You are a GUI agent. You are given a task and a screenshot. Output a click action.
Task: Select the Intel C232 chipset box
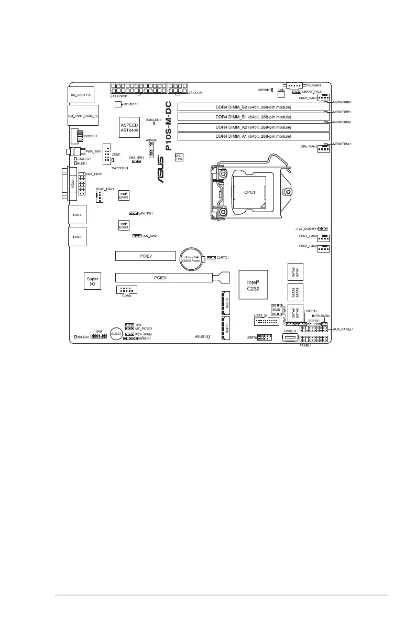pyautogui.click(x=253, y=284)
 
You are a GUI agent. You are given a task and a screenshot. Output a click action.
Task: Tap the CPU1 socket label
pyautogui.click(x=249, y=192)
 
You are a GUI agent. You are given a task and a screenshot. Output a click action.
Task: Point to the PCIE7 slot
pyautogui.click(x=145, y=256)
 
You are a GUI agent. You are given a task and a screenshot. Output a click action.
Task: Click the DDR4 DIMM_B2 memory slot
pyautogui.click(x=253, y=107)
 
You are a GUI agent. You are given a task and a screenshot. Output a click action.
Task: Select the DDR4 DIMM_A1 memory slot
pyautogui.click(x=253, y=136)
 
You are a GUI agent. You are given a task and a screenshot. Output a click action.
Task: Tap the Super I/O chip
pyautogui.click(x=92, y=282)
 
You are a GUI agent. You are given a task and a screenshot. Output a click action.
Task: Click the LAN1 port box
pyautogui.click(x=77, y=215)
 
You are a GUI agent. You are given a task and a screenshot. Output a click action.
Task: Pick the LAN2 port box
pyautogui.click(x=77, y=237)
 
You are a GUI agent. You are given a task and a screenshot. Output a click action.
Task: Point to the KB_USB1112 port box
pyautogui.click(x=81, y=94)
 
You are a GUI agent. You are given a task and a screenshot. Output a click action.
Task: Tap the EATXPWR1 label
pyautogui.click(x=119, y=96)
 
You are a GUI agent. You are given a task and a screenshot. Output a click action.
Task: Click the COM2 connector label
pyautogui.click(x=126, y=296)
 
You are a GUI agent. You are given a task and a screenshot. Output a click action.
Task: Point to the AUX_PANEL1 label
pyautogui.click(x=344, y=329)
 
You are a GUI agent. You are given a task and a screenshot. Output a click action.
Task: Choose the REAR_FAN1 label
pyautogui.click(x=105, y=189)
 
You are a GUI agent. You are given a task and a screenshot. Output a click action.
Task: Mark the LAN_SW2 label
pyautogui.click(x=150, y=236)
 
